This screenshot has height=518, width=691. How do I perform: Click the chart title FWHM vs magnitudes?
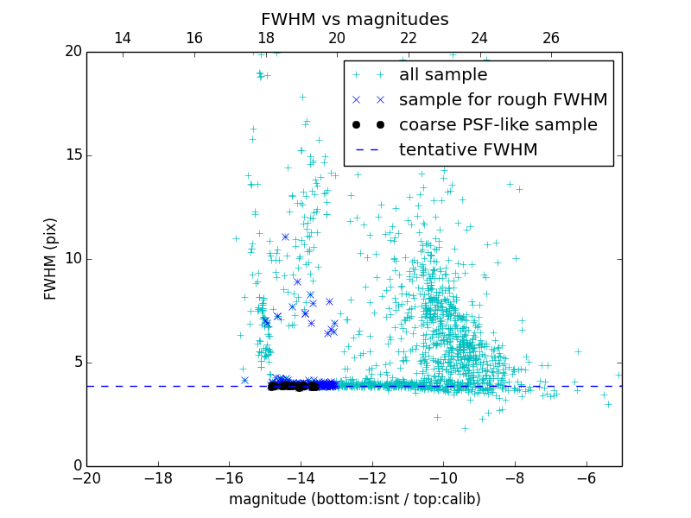[x=354, y=19]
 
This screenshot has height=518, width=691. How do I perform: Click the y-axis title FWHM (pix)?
[x=51, y=259]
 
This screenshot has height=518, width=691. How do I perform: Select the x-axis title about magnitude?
[x=354, y=499]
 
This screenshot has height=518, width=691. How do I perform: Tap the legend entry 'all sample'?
[x=443, y=75]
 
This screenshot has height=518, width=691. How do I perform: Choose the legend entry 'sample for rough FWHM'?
[x=503, y=99]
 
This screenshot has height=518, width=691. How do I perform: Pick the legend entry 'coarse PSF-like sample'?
[x=498, y=124]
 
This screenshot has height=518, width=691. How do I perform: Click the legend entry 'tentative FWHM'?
[x=468, y=149]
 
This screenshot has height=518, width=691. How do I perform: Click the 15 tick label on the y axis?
[x=72, y=155]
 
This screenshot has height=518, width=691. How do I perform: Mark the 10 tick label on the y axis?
[x=72, y=259]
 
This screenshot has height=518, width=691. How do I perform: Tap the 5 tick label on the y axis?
[x=76, y=363]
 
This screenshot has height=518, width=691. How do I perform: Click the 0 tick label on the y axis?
[x=76, y=466]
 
